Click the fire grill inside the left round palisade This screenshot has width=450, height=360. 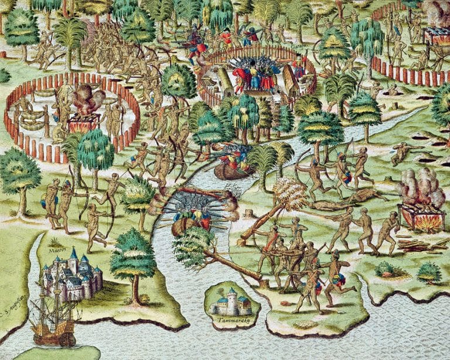[x=86, y=123]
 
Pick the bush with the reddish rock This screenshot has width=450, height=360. [x=384, y=269]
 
